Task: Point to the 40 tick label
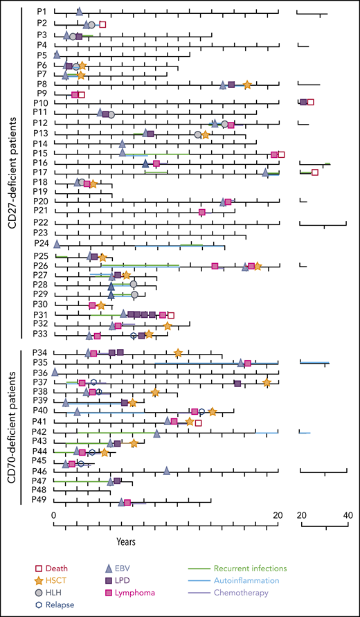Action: click(348, 515)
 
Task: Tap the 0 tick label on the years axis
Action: click(54, 515)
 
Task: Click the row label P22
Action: click(40, 222)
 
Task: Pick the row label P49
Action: click(40, 501)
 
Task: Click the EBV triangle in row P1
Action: click(79, 12)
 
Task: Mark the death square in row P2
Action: click(102, 24)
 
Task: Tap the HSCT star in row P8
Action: click(247, 84)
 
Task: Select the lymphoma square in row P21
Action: click(202, 212)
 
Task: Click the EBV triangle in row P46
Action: click(167, 471)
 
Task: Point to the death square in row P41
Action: click(198, 422)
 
